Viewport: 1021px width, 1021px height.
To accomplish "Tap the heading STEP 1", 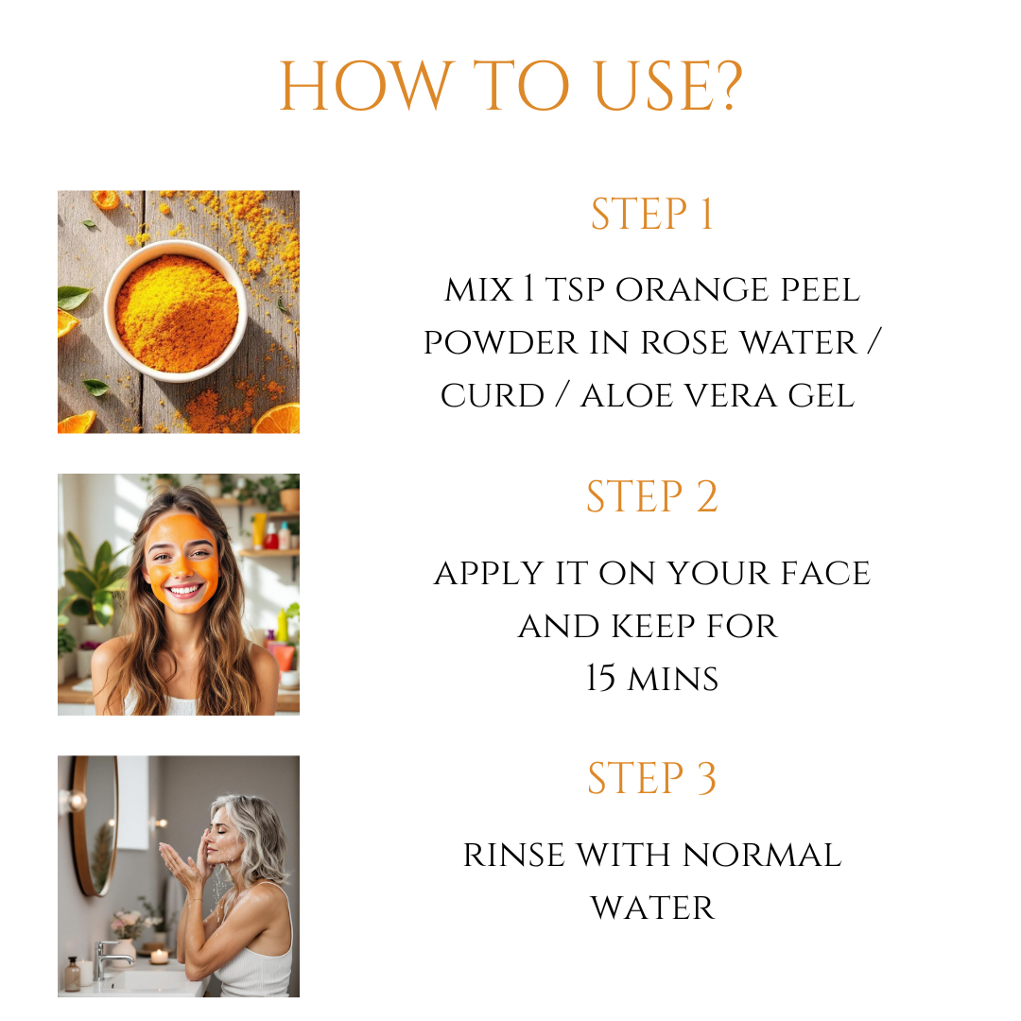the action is point(651,214).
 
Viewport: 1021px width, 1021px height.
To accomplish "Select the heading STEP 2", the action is point(651,496).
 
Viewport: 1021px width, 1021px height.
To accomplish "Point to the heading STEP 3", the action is point(651,778).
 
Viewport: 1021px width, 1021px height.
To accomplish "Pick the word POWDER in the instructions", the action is point(501,342).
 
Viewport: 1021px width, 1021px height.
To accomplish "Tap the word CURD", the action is point(493,396).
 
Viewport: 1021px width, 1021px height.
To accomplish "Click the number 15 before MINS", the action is point(600,678).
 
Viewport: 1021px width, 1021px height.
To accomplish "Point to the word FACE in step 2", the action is point(825,573).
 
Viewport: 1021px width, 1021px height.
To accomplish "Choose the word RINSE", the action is point(513,855).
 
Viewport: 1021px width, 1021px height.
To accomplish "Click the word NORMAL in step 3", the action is point(762,855).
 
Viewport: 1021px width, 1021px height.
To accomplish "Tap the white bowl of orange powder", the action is point(176,311).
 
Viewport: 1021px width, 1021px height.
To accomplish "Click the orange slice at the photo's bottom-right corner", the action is point(277,420).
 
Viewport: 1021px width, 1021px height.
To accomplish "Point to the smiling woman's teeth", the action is point(185,591).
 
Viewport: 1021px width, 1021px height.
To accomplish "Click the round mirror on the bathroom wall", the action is point(95,825).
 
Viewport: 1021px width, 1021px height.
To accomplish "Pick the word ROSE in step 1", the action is point(684,342).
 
